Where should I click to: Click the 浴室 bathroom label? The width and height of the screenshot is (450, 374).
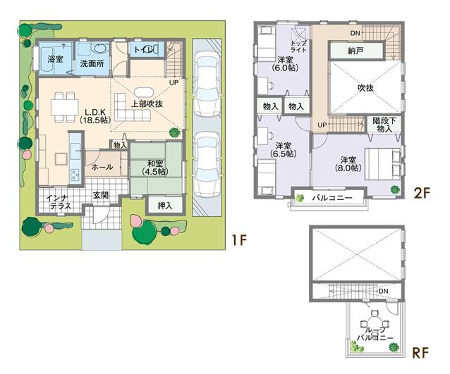pyautogui.click(x=54, y=60)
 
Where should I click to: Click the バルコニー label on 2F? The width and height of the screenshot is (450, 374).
pyautogui.click(x=332, y=199)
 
